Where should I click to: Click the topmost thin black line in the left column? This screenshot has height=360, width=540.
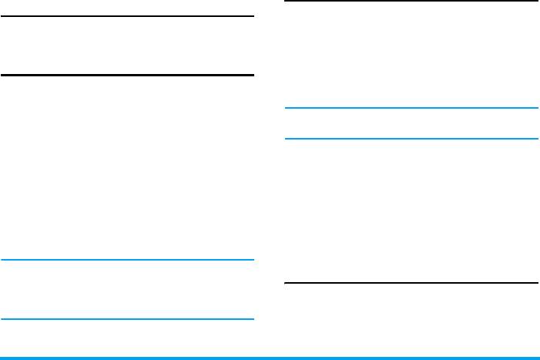127,16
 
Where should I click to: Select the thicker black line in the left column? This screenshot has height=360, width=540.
127,75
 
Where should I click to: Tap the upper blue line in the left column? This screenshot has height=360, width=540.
127,260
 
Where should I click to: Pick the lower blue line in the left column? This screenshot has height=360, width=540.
127,318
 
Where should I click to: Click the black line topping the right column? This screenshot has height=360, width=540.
411,2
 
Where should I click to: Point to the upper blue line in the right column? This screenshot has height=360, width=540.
411,108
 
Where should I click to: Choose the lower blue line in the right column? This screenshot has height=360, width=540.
411,139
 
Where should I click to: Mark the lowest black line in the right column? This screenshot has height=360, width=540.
411,283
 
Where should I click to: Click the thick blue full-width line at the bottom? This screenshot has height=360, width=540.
270,357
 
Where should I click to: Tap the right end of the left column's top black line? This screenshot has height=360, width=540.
252,16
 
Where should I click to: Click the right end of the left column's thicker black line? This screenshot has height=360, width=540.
252,75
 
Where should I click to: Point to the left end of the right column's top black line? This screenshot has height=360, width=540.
287,2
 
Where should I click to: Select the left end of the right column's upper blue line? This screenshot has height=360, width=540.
287,108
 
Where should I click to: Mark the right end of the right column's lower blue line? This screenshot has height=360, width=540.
536,139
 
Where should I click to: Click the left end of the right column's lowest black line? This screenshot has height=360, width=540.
287,283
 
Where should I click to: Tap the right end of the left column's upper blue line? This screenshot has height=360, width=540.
252,260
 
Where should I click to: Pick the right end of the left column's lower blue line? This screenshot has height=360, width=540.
252,318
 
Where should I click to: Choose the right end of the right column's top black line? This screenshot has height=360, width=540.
536,2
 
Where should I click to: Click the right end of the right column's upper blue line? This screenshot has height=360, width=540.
536,108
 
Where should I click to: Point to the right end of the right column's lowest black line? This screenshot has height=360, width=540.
536,283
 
